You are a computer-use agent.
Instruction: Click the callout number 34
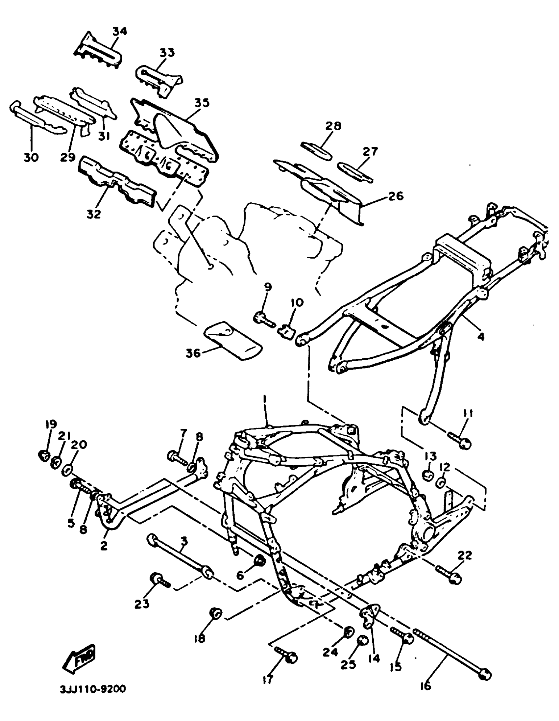click(x=119, y=31)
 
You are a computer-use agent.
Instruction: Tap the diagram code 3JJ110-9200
click(x=93, y=690)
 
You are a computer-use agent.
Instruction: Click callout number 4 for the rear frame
click(x=481, y=336)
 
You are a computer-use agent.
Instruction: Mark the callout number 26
click(x=396, y=196)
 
